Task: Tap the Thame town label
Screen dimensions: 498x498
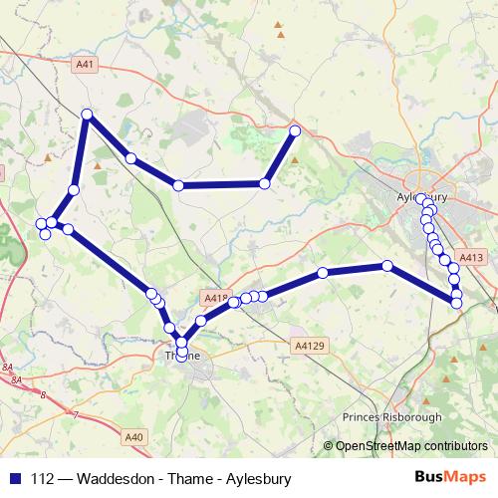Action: (181, 354)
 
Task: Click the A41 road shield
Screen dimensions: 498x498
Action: (87, 65)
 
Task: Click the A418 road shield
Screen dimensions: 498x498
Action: (215, 298)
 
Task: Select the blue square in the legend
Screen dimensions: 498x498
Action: (14, 477)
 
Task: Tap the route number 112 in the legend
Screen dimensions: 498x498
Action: (42, 477)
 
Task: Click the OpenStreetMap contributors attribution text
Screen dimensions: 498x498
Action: (410, 446)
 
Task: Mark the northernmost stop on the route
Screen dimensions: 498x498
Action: (87, 115)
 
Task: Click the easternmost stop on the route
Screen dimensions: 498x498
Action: (457, 302)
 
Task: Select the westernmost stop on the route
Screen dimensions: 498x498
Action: (41, 223)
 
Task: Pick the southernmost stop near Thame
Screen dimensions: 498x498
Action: (180, 355)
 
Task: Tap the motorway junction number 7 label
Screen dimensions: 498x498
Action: (75, 413)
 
